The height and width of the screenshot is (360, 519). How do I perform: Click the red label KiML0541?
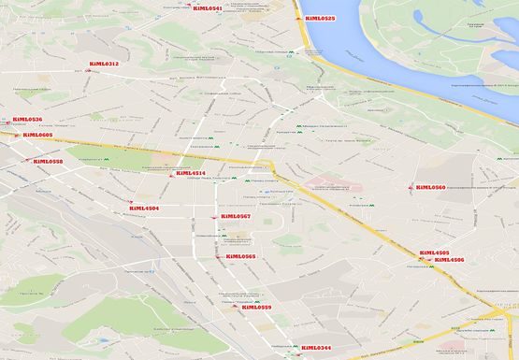(208, 8)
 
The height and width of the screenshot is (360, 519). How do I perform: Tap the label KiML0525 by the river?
(320, 18)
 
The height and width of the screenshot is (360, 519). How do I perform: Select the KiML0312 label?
(104, 64)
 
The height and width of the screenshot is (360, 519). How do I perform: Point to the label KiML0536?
(27, 120)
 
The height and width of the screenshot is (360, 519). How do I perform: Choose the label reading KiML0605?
(37, 135)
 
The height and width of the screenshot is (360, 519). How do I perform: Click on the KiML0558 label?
(48, 162)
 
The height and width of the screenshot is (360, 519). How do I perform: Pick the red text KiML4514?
(190, 173)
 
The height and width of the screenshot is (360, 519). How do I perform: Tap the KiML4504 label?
(144, 208)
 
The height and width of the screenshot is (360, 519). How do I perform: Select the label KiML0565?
(240, 256)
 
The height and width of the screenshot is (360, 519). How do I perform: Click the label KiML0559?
(256, 308)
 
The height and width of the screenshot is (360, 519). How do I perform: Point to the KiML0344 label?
(316, 348)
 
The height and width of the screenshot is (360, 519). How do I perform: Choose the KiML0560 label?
(430, 187)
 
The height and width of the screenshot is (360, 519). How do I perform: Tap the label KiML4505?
(434, 252)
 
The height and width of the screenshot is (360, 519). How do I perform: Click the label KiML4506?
(450, 260)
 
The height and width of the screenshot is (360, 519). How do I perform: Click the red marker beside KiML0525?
(298, 18)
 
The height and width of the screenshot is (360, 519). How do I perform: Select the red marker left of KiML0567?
(215, 218)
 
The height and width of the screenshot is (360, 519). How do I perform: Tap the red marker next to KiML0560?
(411, 187)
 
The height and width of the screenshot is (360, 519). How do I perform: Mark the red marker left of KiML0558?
(28, 162)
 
